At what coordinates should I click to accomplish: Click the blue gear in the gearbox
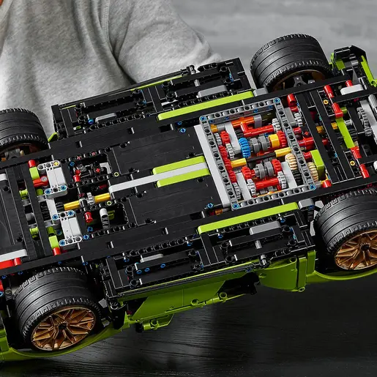pyautogui.click(x=245, y=146)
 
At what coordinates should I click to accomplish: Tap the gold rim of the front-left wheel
pyautogui.click(x=64, y=327)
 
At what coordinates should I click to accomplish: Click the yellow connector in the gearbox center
pyautogui.click(x=275, y=140)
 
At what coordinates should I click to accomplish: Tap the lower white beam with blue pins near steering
pyautogui.click(x=68, y=226)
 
